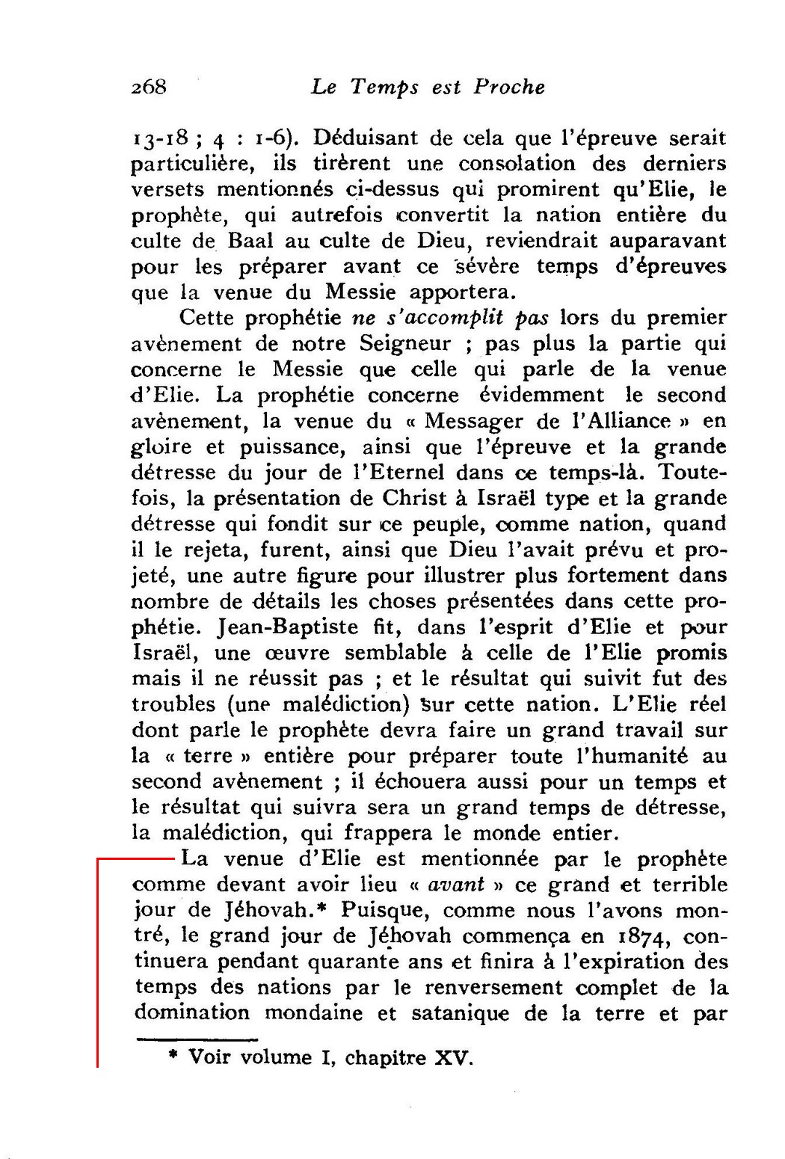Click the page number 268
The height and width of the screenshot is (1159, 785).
(148, 87)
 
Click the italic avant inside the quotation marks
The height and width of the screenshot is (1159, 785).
(456, 885)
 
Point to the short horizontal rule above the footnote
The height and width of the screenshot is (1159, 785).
(197, 1039)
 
